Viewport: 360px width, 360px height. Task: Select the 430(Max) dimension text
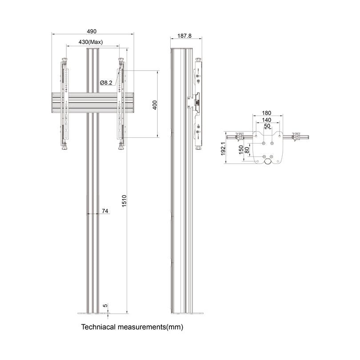point(91,42)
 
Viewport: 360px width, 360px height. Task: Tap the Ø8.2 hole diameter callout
point(106,83)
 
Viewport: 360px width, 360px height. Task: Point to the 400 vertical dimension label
point(154,105)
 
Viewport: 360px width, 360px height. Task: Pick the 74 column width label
point(105,211)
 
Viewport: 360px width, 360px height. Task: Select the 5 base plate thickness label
point(105,306)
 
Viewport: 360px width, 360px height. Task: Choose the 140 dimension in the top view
point(267,120)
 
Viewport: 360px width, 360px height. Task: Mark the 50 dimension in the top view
point(267,126)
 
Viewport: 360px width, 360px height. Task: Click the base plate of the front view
point(93,313)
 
